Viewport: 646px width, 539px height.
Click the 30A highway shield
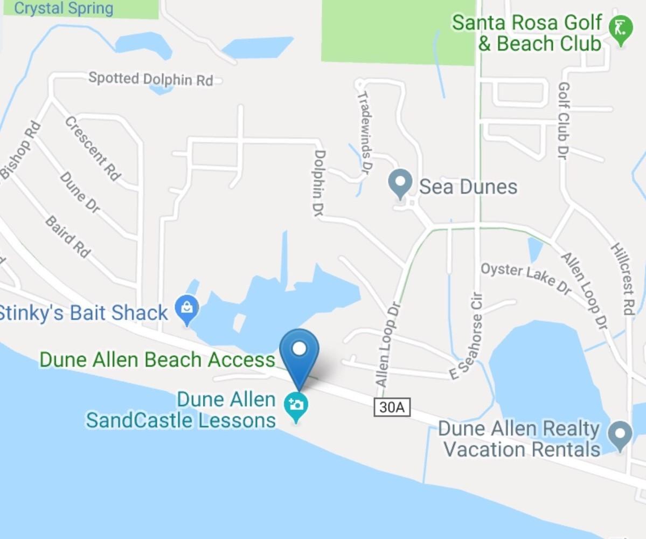[x=392, y=407]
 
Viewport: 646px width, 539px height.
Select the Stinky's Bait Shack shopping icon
[x=187, y=309]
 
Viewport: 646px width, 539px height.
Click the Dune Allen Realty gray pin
[x=620, y=434]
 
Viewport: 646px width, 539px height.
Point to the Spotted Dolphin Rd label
[x=150, y=79]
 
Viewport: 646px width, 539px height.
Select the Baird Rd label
[x=68, y=237]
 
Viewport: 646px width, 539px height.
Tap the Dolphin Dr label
[x=319, y=183]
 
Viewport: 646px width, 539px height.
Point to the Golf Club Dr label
[x=564, y=121]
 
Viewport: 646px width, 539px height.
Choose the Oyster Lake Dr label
[x=525, y=277]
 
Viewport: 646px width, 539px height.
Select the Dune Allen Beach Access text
[x=157, y=360]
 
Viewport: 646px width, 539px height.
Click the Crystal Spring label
[x=64, y=8]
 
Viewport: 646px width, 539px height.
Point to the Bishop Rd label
[x=20, y=150]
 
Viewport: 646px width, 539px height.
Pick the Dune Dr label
[x=80, y=192]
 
